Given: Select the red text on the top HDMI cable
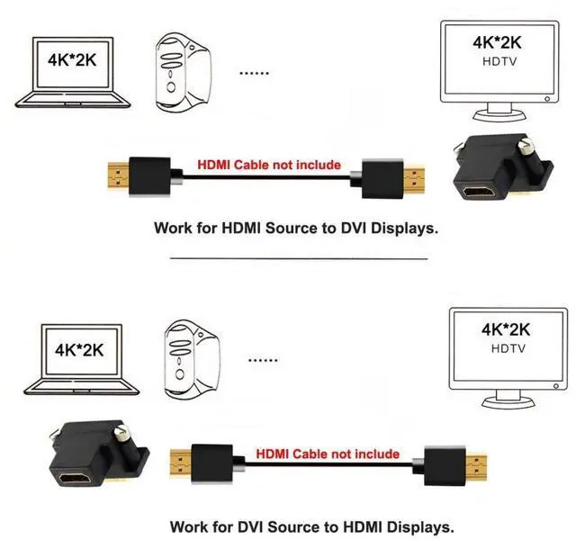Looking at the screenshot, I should [269, 165].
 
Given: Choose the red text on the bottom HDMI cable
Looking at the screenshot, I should [328, 454].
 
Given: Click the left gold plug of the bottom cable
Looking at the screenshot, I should [177, 463].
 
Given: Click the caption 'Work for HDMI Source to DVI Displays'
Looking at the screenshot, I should [296, 229].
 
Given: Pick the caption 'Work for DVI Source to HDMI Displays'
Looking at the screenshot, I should [312, 526].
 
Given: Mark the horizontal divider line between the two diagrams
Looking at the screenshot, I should [298, 258].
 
